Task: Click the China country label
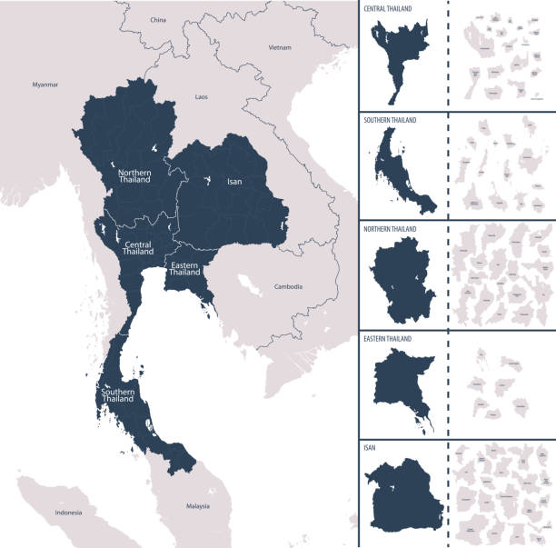pos(158,19)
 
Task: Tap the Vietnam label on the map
pos(279,46)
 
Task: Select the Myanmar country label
pos(45,85)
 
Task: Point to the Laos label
pos(202,95)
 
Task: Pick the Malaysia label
pos(197,505)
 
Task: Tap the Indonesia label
pos(68,513)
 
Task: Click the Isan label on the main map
pos(234,182)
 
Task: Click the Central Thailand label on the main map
pos(137,249)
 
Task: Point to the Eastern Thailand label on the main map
pos(184,268)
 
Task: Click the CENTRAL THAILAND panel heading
pos(388,8)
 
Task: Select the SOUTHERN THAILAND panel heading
pos(392,119)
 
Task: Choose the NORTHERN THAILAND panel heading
pos(392,229)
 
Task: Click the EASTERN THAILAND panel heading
pos(388,338)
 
